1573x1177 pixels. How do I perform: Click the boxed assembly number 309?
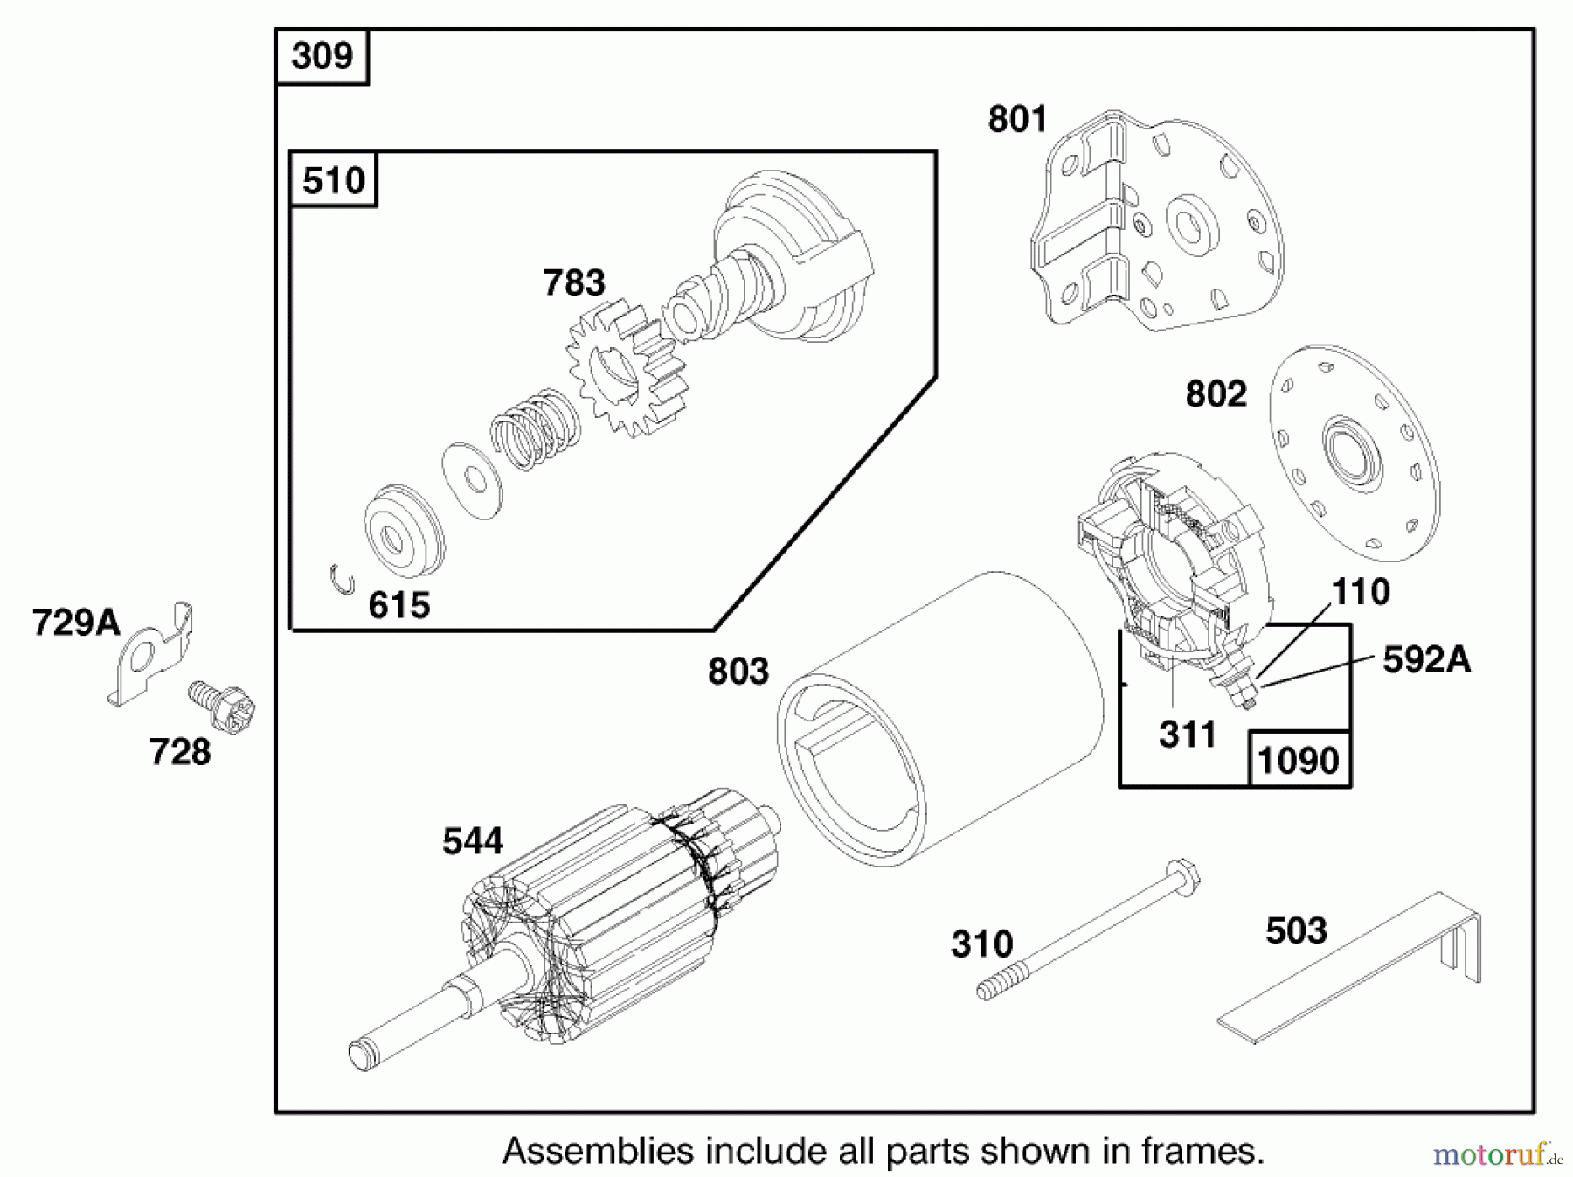tap(322, 57)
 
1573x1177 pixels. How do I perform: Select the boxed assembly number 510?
tap(333, 180)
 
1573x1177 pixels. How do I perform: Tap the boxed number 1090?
tap(1298, 760)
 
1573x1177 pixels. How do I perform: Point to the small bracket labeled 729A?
tap(153, 656)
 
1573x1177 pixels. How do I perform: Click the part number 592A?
tap(1426, 659)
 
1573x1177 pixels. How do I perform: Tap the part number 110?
tap(1361, 592)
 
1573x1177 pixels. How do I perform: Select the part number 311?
tap(1188, 735)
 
